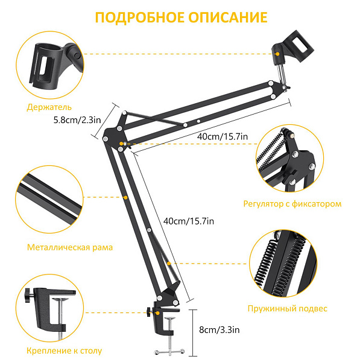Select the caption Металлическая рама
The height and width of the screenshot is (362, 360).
coord(69,247)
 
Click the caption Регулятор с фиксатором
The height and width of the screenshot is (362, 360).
coord(292,203)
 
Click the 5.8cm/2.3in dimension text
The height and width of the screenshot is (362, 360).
coord(77,120)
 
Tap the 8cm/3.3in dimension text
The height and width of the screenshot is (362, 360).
coord(219,330)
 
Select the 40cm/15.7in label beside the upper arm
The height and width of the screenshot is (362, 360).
coord(223,137)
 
